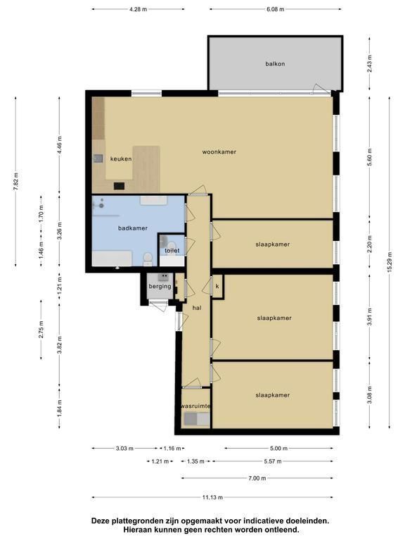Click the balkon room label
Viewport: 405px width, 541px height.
275,64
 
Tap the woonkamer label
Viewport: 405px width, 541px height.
219,152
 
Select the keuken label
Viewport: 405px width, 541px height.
121,158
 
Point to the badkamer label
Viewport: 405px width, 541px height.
133,228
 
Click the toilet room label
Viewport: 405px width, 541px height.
172,251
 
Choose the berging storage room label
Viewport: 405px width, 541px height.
160,286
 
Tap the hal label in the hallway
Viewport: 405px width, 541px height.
197,308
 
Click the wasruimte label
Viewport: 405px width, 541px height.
195,406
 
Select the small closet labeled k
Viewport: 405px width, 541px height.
217,287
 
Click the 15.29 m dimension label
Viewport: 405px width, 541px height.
390,263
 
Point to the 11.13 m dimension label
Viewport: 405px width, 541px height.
212,497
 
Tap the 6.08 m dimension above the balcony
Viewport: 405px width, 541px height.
275,9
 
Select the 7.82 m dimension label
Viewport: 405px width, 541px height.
16,180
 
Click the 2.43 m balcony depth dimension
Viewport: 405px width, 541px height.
370,63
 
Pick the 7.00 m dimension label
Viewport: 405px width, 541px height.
257,478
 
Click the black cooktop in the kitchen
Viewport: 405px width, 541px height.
119,186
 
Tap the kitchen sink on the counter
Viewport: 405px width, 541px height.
98,158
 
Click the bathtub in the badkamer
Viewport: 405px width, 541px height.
112,259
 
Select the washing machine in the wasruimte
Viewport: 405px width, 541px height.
190,419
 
